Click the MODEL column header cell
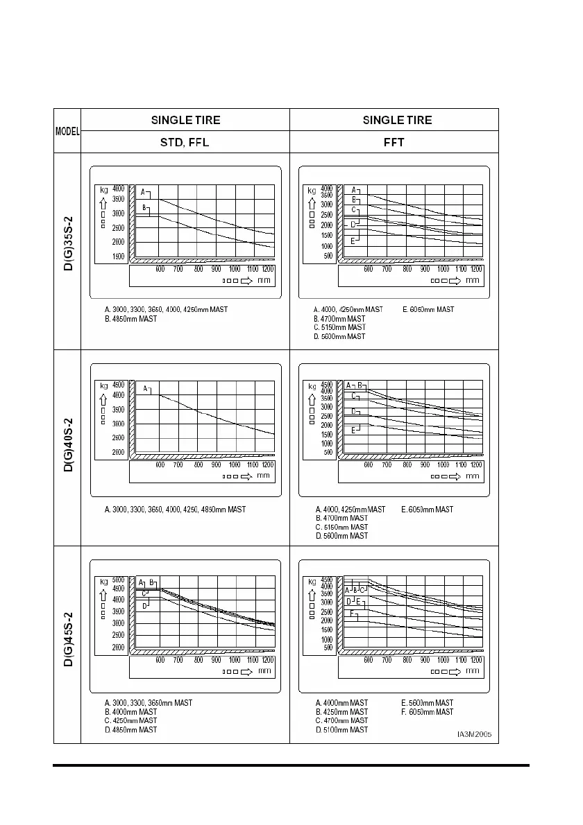[67, 131]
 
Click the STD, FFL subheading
[185, 142]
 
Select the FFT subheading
[394, 142]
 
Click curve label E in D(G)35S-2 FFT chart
[352, 241]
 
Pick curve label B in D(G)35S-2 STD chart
[144, 207]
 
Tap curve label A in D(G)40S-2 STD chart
[146, 389]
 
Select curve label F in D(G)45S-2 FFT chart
[352, 614]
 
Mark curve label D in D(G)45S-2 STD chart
[144, 605]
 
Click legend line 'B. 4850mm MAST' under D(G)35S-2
[130, 318]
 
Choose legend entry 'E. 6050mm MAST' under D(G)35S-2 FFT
[428, 309]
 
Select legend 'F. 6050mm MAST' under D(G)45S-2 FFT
[428, 712]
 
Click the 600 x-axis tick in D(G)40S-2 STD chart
[160, 464]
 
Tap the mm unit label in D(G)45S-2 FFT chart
[472, 670]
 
